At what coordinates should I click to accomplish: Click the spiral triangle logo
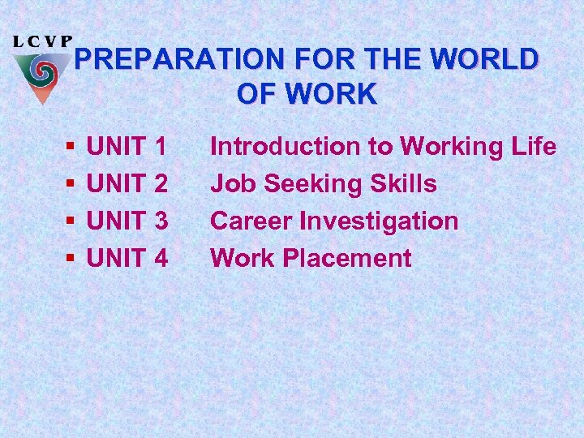pyautogui.click(x=42, y=75)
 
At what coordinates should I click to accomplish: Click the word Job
pyautogui.click(x=230, y=184)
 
